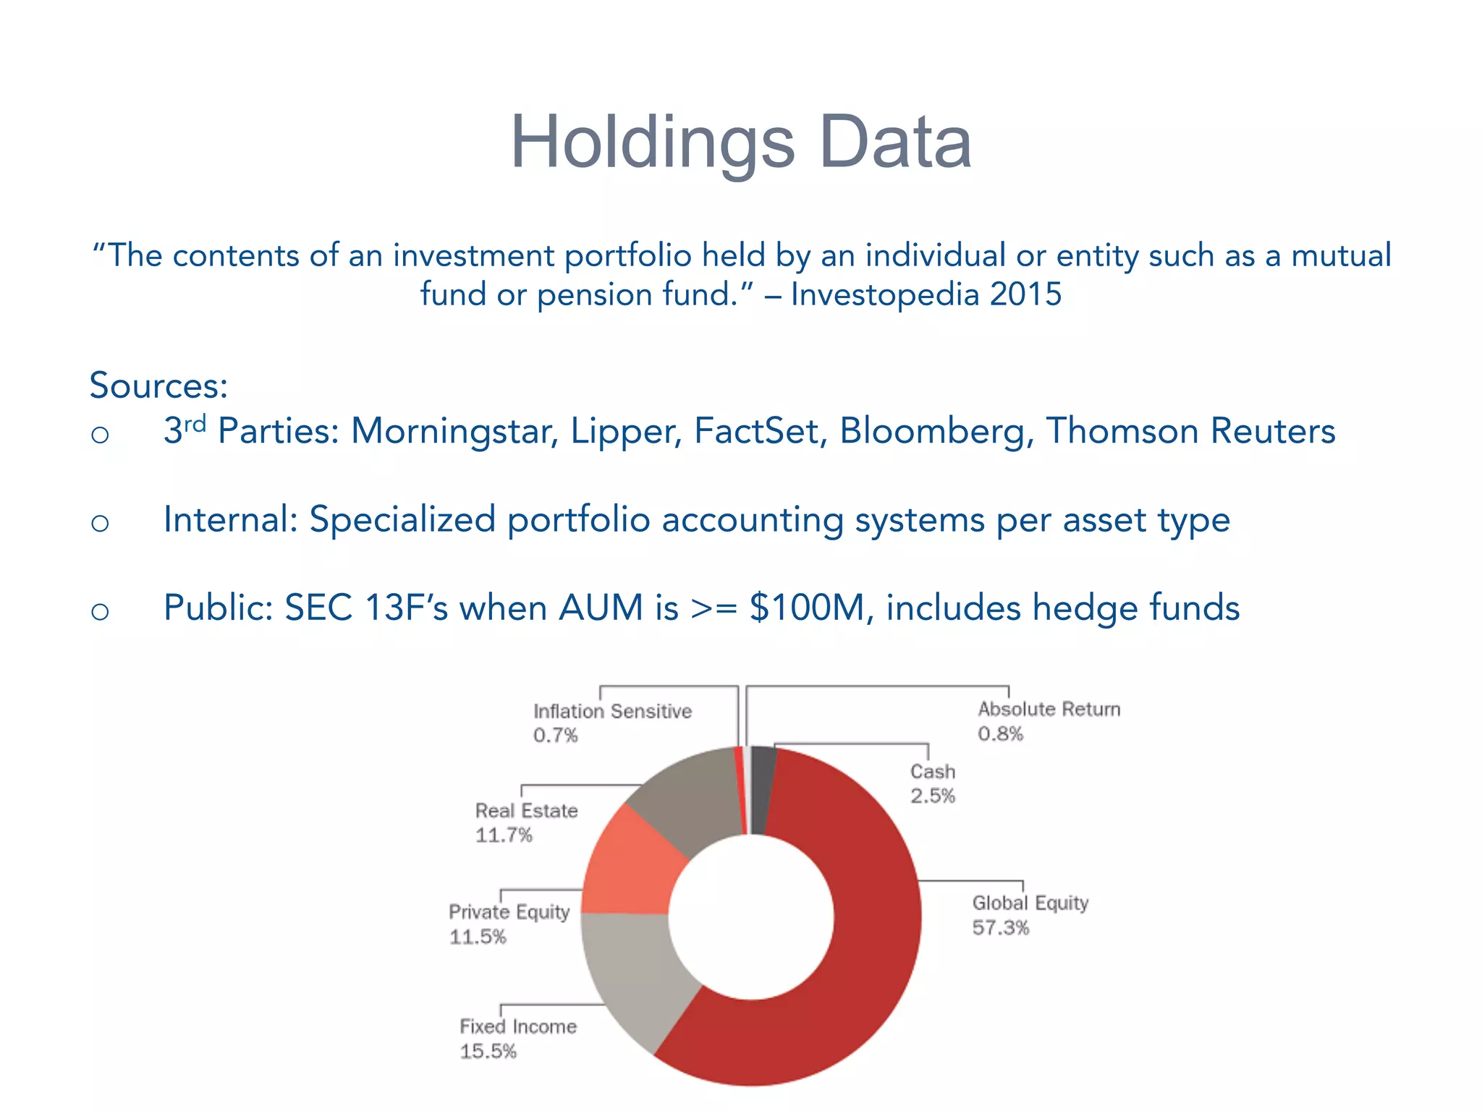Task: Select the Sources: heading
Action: click(158, 385)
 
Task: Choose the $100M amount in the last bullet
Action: click(807, 608)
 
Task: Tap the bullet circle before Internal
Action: click(100, 522)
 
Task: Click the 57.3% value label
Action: click(1000, 928)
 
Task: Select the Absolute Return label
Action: click(1049, 710)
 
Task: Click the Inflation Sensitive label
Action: click(612, 712)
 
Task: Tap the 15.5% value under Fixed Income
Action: click(488, 1052)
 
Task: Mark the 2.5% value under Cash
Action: click(933, 796)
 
